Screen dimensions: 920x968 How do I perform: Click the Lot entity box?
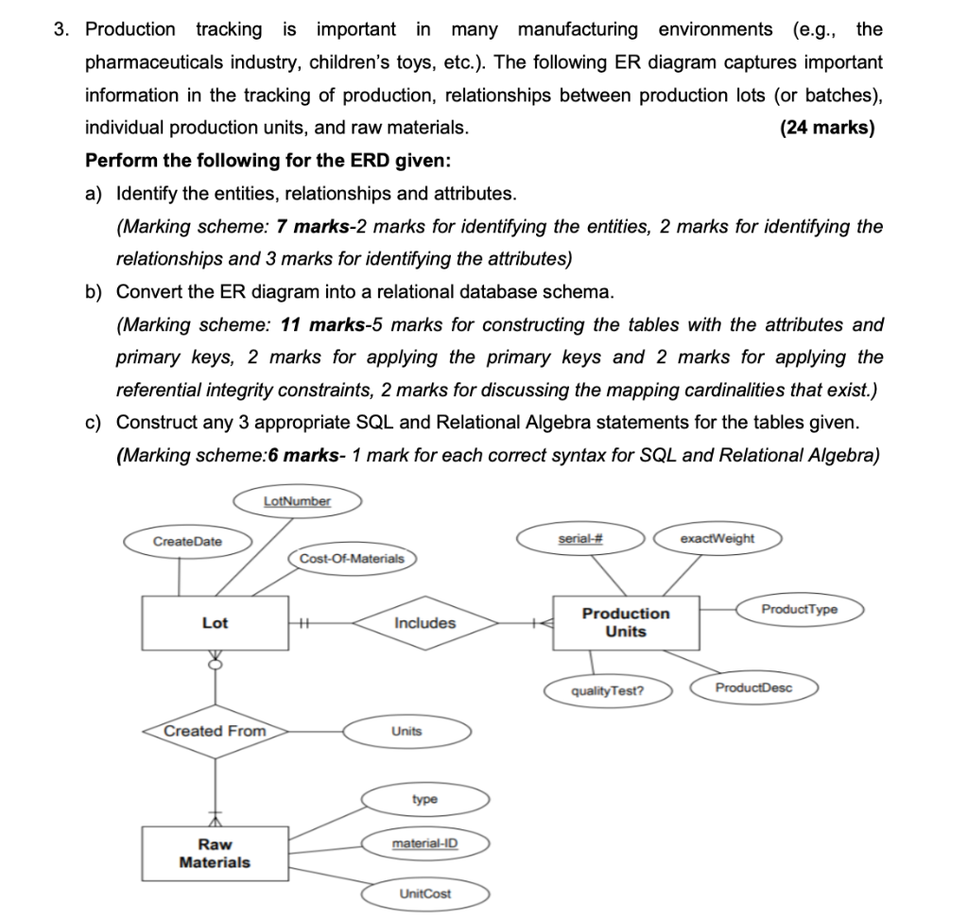click(215, 623)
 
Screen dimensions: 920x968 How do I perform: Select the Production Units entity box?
click(625, 622)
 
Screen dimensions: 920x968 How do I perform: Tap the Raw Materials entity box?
click(215, 854)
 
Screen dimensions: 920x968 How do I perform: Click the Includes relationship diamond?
click(424, 623)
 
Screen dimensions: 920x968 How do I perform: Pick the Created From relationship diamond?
click(216, 731)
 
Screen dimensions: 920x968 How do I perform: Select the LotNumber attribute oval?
click(297, 500)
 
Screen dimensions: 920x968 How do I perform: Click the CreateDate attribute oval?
click(187, 541)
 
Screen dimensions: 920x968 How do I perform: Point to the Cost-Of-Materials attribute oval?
click(351, 559)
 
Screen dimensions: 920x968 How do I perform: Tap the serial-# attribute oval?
click(580, 538)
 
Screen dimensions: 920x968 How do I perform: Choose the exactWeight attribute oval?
click(717, 538)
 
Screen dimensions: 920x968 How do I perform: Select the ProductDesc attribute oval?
click(753, 687)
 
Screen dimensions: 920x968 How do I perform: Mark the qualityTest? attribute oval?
click(609, 690)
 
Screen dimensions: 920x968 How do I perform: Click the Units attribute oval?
click(406, 731)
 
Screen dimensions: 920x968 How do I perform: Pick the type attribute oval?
click(424, 799)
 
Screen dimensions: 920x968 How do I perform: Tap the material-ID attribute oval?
click(424, 842)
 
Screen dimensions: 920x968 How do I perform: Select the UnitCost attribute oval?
click(424, 894)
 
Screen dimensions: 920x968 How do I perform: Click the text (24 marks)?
click(827, 128)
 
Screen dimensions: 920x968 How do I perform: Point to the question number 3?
click(61, 29)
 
